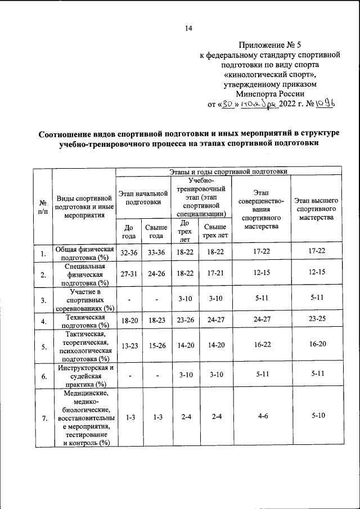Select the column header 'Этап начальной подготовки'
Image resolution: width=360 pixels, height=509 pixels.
click(143, 197)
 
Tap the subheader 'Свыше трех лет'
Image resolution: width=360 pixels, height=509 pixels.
click(215, 231)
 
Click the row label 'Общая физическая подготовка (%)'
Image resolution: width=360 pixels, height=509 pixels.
click(84, 253)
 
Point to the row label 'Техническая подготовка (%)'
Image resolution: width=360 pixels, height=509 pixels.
click(84, 321)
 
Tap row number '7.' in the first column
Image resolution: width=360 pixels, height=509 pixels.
click(43, 417)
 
